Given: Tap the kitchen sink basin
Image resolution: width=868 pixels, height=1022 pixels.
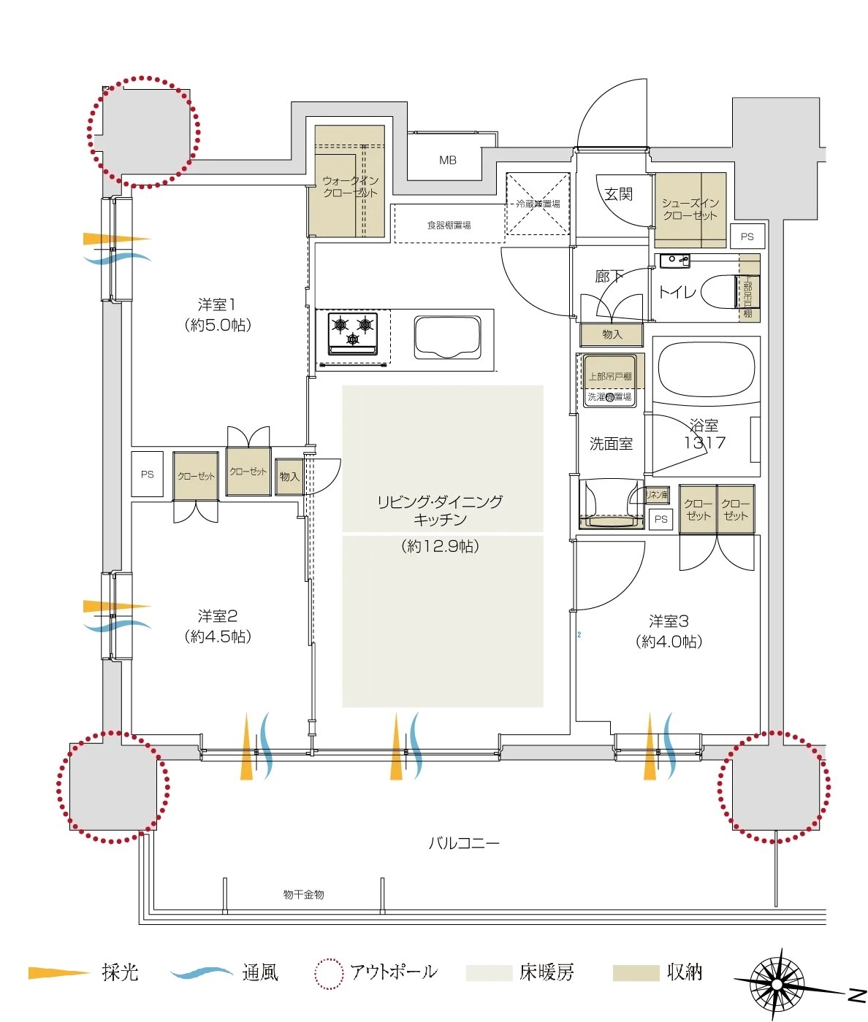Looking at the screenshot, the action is click(x=448, y=337).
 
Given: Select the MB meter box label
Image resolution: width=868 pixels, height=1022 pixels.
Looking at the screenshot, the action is click(x=447, y=160).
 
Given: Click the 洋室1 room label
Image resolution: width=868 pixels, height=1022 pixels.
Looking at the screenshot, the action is click(x=217, y=305).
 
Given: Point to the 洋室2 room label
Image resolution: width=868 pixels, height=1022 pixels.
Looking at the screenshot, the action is click(x=217, y=617).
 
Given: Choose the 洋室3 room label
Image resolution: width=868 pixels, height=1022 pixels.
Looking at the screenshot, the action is click(x=669, y=622).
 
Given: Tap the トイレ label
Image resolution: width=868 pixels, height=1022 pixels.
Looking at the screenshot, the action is click(x=677, y=292).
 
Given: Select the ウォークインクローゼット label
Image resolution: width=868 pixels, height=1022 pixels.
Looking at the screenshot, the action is click(x=350, y=187).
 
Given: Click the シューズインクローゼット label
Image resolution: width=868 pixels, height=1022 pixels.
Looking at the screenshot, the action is click(x=690, y=209).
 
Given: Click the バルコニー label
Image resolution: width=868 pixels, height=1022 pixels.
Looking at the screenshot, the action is click(x=463, y=844).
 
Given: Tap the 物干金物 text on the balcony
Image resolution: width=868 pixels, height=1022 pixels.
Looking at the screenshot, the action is click(x=303, y=894).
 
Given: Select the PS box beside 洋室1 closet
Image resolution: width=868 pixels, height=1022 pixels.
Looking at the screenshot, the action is click(x=148, y=474).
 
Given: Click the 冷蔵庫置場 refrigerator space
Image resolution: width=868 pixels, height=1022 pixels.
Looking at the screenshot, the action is click(x=538, y=204).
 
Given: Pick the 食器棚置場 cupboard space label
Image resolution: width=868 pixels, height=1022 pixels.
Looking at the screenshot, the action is click(x=449, y=225).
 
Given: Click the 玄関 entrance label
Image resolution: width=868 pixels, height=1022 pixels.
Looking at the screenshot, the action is click(x=618, y=194).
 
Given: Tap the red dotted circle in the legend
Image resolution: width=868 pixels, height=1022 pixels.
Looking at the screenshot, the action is click(x=328, y=973).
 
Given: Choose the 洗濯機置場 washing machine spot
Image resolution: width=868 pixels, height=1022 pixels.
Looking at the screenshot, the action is click(x=609, y=396).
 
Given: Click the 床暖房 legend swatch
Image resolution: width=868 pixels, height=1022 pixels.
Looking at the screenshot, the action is click(x=488, y=973).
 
